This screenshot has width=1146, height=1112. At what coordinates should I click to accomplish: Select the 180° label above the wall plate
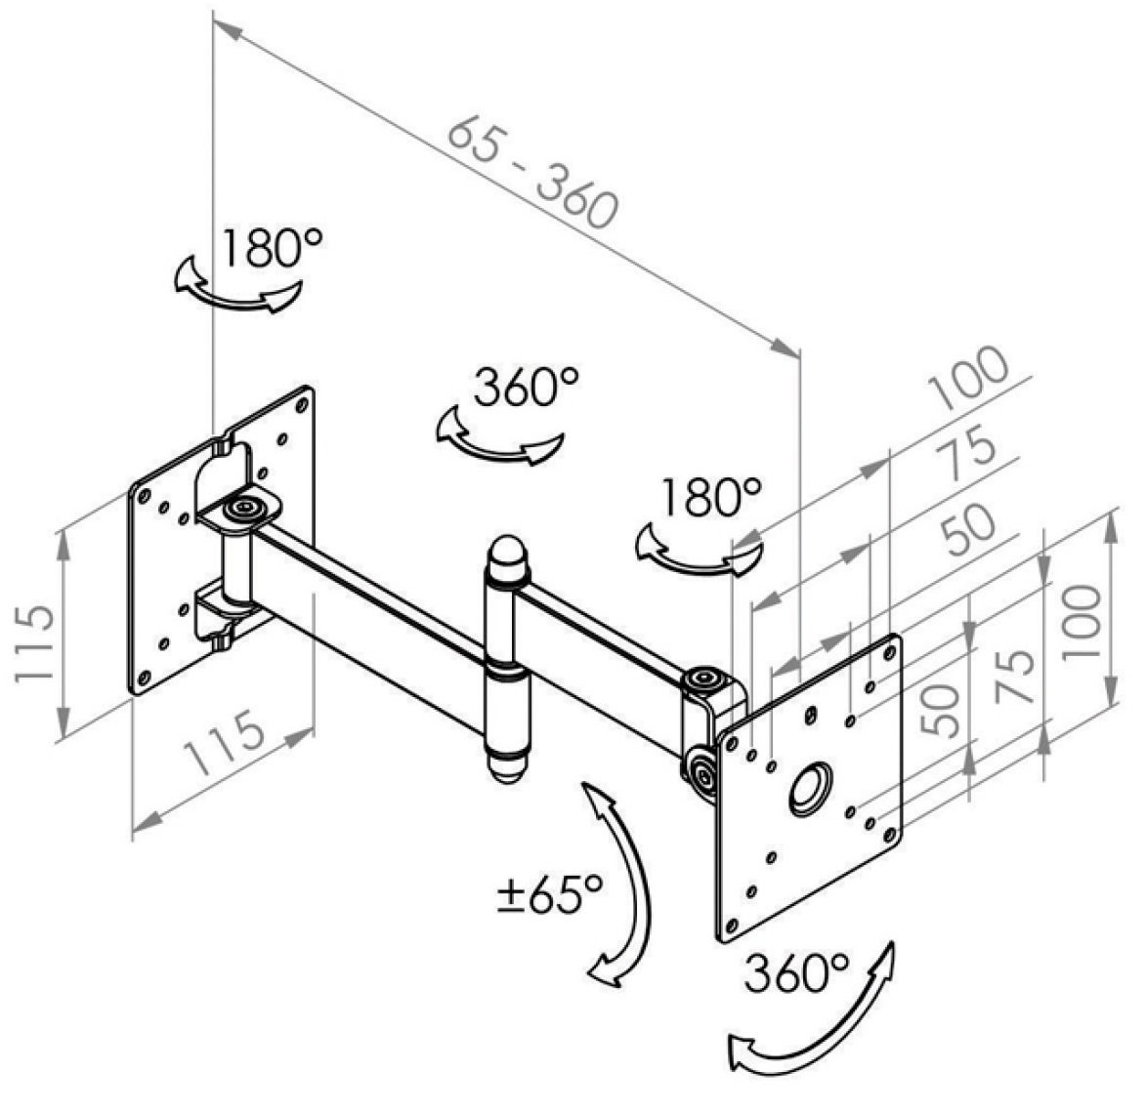272,248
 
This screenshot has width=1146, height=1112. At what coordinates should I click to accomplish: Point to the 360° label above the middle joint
527,387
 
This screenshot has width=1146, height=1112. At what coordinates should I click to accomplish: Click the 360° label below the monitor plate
796,972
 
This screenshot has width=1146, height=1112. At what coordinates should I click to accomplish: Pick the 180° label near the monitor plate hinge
710,498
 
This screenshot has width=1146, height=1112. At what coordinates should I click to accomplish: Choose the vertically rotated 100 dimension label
1082,622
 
